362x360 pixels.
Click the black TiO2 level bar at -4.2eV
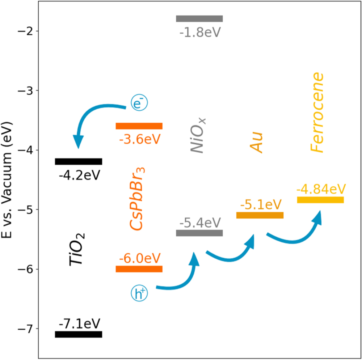point(78,161)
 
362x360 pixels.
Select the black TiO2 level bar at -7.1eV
point(78,334)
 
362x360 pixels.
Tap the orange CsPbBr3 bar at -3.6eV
point(139,126)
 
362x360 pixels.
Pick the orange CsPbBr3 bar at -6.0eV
point(139,269)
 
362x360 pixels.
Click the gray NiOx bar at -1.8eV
point(199,19)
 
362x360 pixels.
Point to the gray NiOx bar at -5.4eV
point(199,233)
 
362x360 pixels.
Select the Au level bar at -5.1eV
point(260,215)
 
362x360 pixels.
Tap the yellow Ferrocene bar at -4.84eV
point(320,200)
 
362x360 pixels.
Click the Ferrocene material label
point(317,113)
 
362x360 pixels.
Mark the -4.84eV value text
point(321,189)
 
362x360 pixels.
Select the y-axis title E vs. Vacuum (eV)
point(9,180)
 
